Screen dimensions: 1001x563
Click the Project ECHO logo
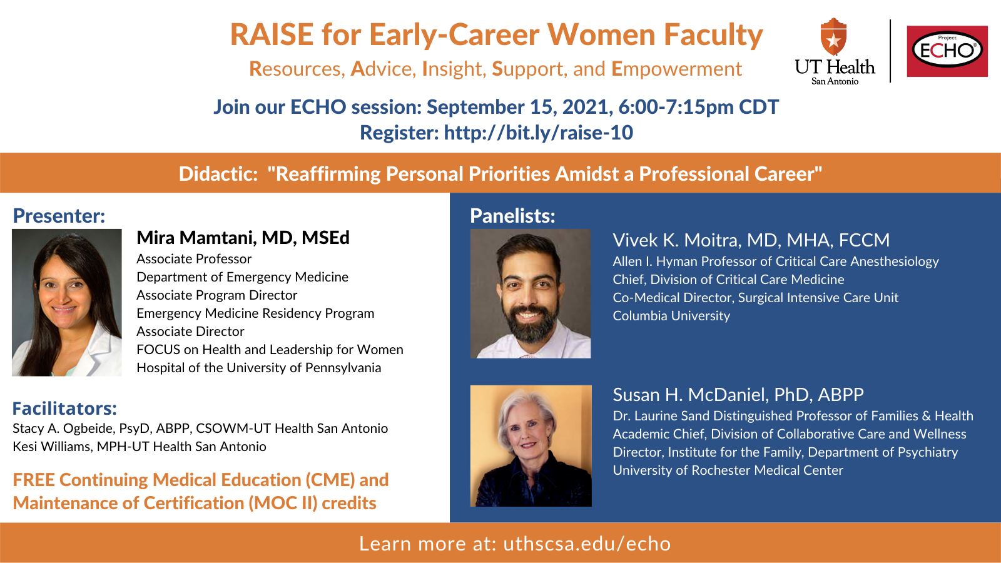[947, 51]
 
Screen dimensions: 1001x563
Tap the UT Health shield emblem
[833, 37]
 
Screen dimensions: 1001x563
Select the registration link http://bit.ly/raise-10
[539, 133]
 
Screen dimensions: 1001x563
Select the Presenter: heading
[59, 216]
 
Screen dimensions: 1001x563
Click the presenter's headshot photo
[66, 303]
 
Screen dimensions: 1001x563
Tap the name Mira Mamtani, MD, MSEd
[243, 238]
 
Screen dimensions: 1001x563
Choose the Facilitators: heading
[65, 408]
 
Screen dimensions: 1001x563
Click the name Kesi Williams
[51, 447]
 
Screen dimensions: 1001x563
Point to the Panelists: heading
[512, 216]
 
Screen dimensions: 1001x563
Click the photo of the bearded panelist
[531, 293]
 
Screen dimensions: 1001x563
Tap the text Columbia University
[671, 316]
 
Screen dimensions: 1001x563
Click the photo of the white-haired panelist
[531, 446]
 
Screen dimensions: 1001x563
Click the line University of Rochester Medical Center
[728, 470]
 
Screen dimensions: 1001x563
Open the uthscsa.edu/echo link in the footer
[587, 544]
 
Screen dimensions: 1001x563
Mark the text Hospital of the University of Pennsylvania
[259, 368]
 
